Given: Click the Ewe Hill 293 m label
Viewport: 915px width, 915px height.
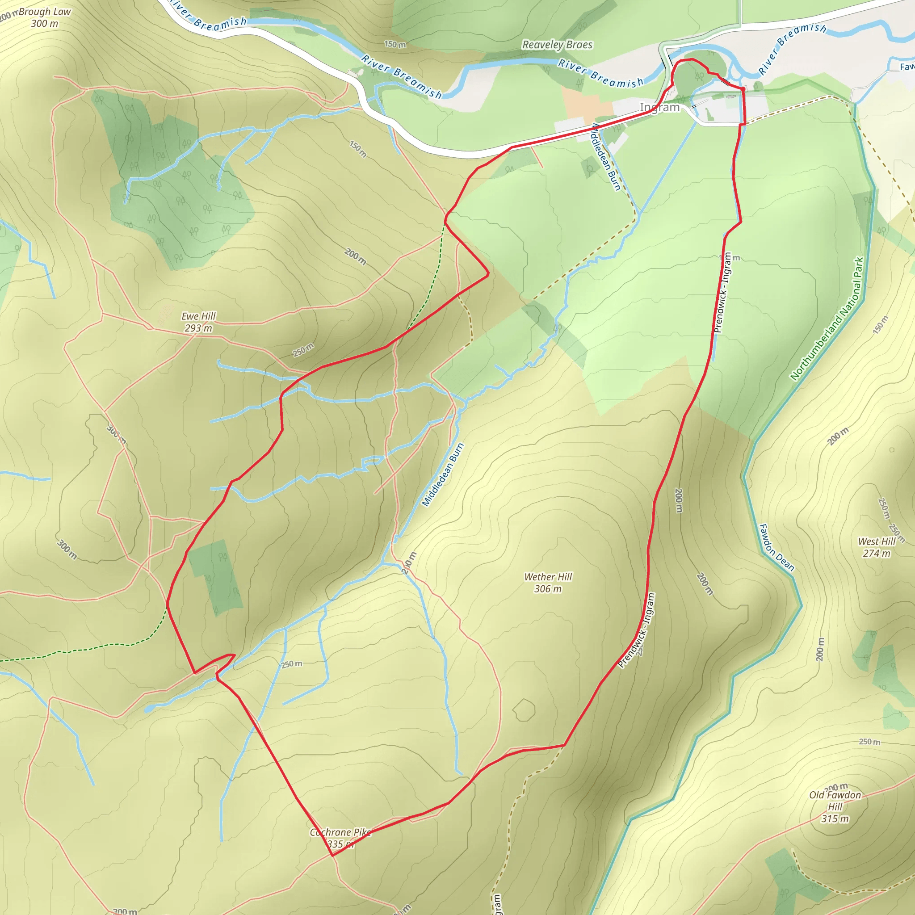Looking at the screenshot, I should pyautogui.click(x=198, y=322).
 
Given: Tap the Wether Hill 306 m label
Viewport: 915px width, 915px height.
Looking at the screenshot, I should pyautogui.click(x=548, y=583).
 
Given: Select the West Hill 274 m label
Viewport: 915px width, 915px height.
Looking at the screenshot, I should pyautogui.click(x=877, y=547).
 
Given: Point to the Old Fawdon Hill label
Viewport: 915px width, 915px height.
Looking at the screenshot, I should pyautogui.click(x=835, y=806).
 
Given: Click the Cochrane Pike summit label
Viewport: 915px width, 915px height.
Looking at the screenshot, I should pyautogui.click(x=340, y=838).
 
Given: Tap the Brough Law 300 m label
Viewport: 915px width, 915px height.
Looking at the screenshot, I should pyautogui.click(x=45, y=17).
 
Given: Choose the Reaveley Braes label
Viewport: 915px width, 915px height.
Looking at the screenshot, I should pyautogui.click(x=557, y=45).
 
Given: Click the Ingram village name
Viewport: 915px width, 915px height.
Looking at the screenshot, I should pyautogui.click(x=660, y=108).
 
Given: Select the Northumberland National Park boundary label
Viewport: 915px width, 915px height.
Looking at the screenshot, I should pyautogui.click(x=827, y=319).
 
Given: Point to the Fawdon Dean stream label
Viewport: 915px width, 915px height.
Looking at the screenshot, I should pyautogui.click(x=776, y=547).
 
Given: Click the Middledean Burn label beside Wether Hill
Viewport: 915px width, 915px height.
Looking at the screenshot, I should pyautogui.click(x=442, y=474).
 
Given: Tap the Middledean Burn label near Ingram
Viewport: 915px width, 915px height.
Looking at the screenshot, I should pyautogui.click(x=607, y=157).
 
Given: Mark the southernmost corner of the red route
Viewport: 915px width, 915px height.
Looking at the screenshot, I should pyautogui.click(x=332, y=855).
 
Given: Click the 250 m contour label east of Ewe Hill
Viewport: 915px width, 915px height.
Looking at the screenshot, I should pyautogui.click(x=303, y=350).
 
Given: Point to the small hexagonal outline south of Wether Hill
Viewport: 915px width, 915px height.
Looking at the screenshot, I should pyautogui.click(x=524, y=709).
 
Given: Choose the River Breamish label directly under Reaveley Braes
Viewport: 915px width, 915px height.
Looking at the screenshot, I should pyautogui.click(x=600, y=73).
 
